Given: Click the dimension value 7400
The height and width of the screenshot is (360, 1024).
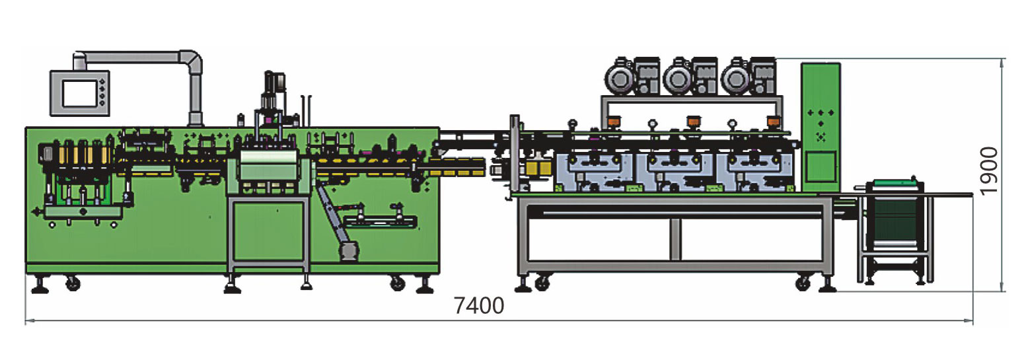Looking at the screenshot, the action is coord(478,306).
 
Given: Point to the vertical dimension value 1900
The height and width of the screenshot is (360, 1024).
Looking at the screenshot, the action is coord(988,171).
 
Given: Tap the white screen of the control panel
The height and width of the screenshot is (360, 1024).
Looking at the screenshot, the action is coord(79,94).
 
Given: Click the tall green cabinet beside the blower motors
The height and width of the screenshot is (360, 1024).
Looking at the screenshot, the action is coord(821,127).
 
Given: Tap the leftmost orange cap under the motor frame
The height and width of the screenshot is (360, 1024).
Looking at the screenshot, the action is coord(614,122).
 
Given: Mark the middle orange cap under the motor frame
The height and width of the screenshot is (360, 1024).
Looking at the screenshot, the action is coord(694,122).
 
